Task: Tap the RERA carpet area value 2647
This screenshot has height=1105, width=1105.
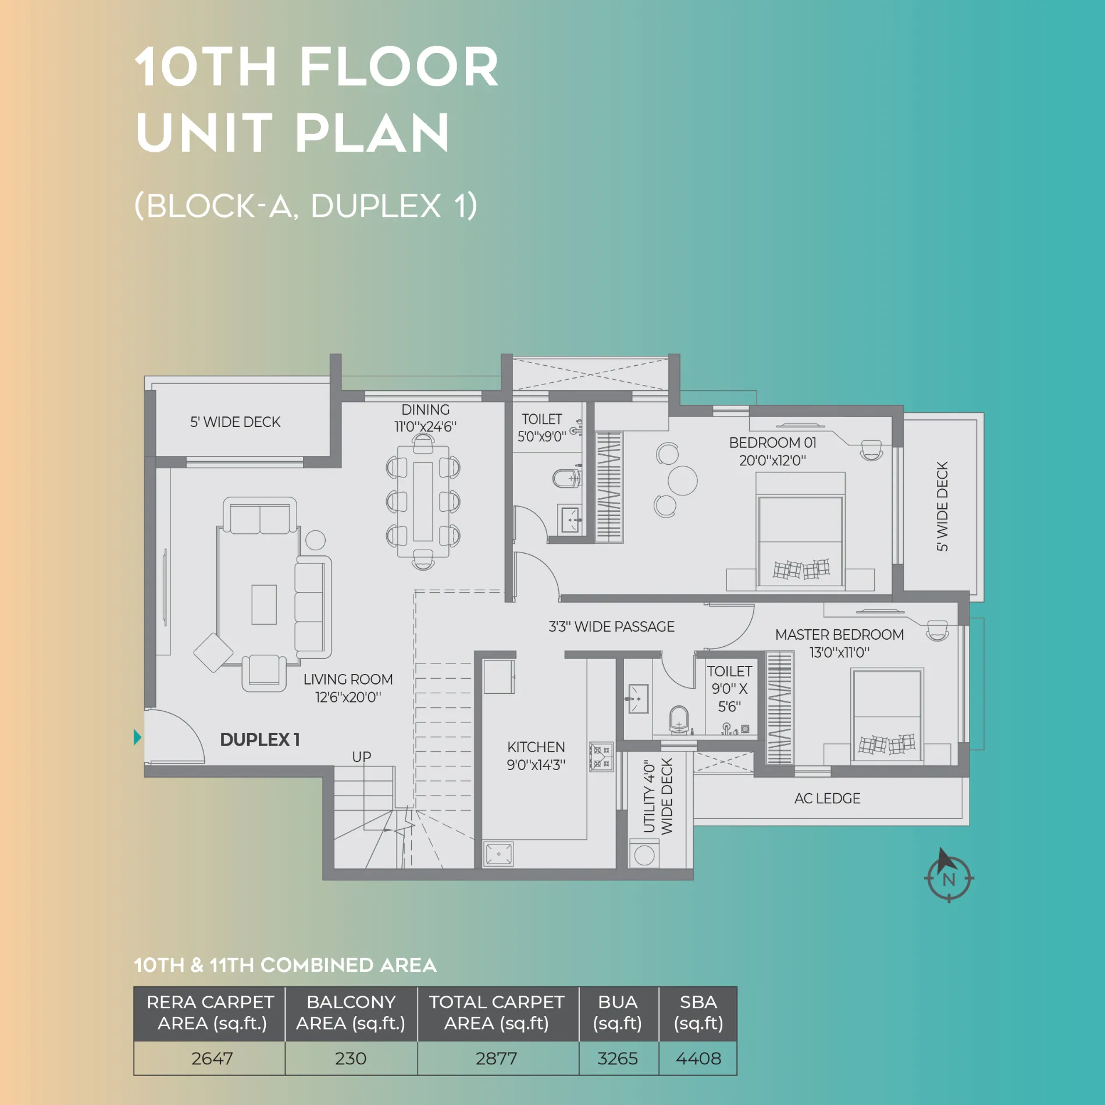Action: [x=212, y=1058]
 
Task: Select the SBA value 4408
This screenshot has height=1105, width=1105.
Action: [x=698, y=1058]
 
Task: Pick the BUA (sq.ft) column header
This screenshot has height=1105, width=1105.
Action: [x=618, y=1013]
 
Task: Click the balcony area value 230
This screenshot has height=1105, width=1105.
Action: [x=351, y=1058]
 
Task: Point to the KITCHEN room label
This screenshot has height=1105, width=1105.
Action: [x=536, y=747]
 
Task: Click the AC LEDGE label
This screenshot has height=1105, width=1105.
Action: [x=827, y=798]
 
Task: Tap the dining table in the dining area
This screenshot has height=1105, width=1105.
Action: [x=423, y=501]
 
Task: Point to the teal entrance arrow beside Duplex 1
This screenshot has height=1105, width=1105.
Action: [x=137, y=737]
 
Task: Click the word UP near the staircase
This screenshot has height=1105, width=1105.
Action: [x=361, y=757]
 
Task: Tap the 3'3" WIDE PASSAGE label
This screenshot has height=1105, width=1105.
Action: [x=611, y=626]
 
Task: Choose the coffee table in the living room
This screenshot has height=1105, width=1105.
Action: [x=264, y=604]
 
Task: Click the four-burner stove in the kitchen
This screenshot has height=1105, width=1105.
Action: [x=601, y=756]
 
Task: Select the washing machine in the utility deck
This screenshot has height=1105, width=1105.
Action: [x=644, y=854]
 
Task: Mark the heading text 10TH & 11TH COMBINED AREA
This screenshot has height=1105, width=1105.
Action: [x=285, y=965]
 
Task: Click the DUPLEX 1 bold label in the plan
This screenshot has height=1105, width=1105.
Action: [x=259, y=739]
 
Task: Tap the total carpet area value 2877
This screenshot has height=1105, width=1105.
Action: [x=496, y=1058]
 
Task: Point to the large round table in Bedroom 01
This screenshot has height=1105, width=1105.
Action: [x=682, y=480]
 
